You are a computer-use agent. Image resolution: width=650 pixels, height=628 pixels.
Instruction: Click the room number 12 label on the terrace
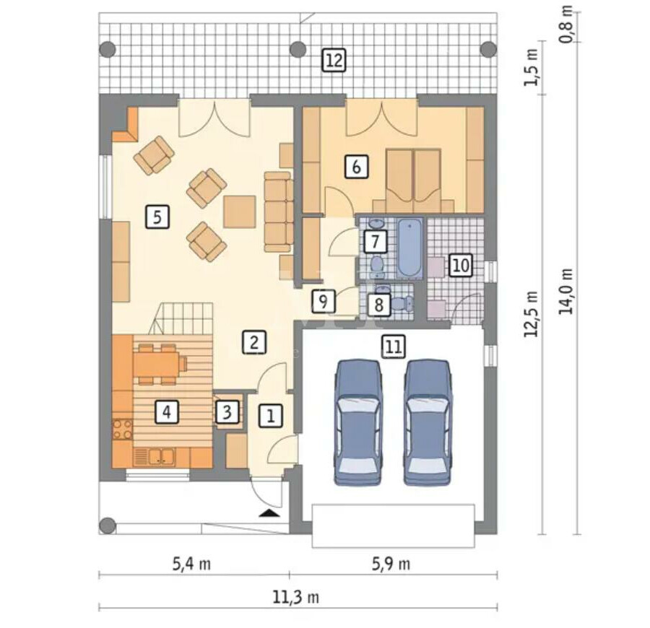click(x=334, y=61)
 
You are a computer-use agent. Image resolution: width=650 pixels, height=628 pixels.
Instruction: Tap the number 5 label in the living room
click(x=157, y=217)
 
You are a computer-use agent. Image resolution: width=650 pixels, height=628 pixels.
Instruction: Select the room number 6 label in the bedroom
click(x=357, y=167)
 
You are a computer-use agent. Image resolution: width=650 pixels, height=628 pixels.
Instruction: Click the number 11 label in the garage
click(x=394, y=346)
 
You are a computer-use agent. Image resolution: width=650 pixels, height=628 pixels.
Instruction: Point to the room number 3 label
click(x=227, y=412)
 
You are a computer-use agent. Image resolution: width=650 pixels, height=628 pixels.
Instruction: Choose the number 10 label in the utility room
click(x=461, y=265)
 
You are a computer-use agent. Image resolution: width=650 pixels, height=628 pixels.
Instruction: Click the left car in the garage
click(x=358, y=422)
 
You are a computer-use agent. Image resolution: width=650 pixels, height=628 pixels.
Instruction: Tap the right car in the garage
click(x=428, y=422)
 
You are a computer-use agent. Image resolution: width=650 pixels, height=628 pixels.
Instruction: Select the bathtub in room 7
click(x=409, y=248)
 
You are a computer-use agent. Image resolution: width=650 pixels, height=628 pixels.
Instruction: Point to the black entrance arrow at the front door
click(x=269, y=514)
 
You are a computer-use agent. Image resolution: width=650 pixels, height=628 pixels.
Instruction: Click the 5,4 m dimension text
click(x=191, y=564)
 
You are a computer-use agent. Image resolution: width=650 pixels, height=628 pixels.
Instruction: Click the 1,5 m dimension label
click(x=531, y=68)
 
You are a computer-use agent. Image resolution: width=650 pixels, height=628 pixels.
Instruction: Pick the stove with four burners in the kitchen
click(x=123, y=429)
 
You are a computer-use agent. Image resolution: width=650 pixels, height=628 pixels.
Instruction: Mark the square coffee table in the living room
click(x=239, y=211)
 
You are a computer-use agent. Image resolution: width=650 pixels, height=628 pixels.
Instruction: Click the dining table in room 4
click(x=156, y=364)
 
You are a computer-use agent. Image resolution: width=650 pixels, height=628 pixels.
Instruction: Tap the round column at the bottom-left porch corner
click(x=108, y=525)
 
